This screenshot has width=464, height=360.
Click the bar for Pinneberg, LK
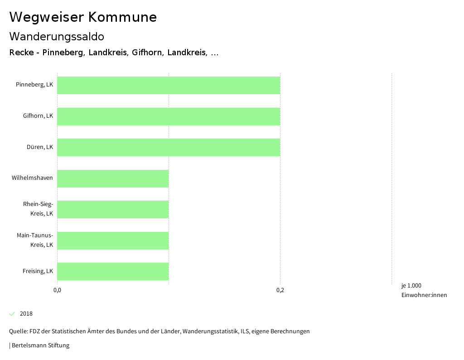169,85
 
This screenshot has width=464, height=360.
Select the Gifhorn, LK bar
169,116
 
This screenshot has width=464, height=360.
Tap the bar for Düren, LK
169,147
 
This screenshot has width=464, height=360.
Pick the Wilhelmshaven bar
113,178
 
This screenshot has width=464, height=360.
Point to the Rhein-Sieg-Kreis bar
113,209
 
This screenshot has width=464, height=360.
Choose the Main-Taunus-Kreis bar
113,240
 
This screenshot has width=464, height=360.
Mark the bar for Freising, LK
113,271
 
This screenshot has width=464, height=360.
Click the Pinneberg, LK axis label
34,85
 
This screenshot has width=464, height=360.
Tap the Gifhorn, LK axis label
38,116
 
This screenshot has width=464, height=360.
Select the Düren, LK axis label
40,147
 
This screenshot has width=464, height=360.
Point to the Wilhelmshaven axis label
32,178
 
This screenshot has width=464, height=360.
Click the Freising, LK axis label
38,271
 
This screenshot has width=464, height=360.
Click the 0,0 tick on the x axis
57,290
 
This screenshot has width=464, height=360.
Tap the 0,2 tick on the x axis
280,290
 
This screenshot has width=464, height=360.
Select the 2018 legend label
26,314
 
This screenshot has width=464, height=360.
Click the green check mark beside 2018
12,314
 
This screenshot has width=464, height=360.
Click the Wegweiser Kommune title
83,17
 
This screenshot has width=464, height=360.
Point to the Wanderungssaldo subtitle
57,36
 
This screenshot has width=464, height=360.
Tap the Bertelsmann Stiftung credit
40,346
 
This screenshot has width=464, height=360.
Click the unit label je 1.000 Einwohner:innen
424,290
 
